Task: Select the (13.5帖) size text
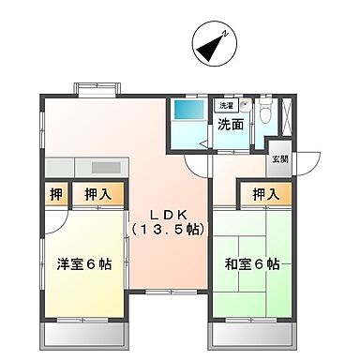point(167,229)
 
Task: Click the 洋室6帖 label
point(83,264)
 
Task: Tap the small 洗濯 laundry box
point(228,105)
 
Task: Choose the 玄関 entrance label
point(280,158)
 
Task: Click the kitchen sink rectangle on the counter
point(105,166)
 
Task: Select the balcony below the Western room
point(84,334)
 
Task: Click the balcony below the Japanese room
point(254,334)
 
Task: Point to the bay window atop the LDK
point(97,88)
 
